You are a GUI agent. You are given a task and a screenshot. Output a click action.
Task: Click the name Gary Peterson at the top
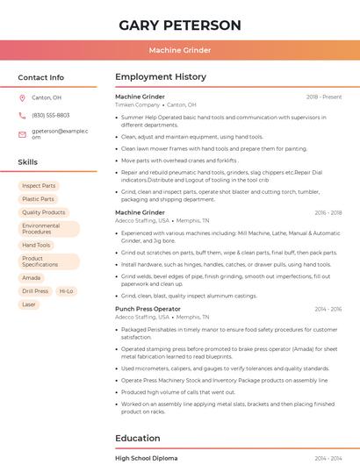(x=180, y=25)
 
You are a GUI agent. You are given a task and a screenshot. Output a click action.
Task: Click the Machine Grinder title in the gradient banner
(x=180, y=51)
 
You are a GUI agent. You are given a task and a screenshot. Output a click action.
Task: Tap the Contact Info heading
(x=40, y=77)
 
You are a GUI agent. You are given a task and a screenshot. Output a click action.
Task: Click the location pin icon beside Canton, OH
(x=22, y=98)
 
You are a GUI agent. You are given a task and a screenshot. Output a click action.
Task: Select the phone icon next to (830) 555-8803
(x=22, y=116)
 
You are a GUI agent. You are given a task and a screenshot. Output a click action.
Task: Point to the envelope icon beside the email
(x=22, y=134)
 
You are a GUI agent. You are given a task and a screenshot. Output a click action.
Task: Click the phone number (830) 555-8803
(x=50, y=116)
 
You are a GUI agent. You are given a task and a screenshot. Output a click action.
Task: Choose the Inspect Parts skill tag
(x=39, y=186)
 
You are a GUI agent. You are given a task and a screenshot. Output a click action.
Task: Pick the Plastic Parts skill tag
(x=38, y=199)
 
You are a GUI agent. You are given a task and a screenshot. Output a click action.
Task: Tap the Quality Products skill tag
(x=44, y=212)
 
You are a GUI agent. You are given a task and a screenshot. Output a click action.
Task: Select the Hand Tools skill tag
(x=36, y=246)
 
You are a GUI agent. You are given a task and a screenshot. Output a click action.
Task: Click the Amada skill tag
(x=32, y=278)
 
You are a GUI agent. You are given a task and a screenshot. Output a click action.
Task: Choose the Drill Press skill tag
(x=35, y=291)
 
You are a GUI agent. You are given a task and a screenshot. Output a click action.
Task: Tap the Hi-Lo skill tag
(x=67, y=291)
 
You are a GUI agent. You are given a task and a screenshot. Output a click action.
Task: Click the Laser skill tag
(x=30, y=304)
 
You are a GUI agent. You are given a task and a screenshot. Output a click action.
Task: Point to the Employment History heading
(x=161, y=77)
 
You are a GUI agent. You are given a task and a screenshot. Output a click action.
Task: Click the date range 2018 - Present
(x=324, y=97)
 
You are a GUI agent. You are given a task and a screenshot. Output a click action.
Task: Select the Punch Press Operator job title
(x=148, y=309)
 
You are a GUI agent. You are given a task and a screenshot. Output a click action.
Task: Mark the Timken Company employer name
(x=137, y=104)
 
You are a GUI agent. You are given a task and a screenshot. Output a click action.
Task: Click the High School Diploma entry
(x=146, y=458)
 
